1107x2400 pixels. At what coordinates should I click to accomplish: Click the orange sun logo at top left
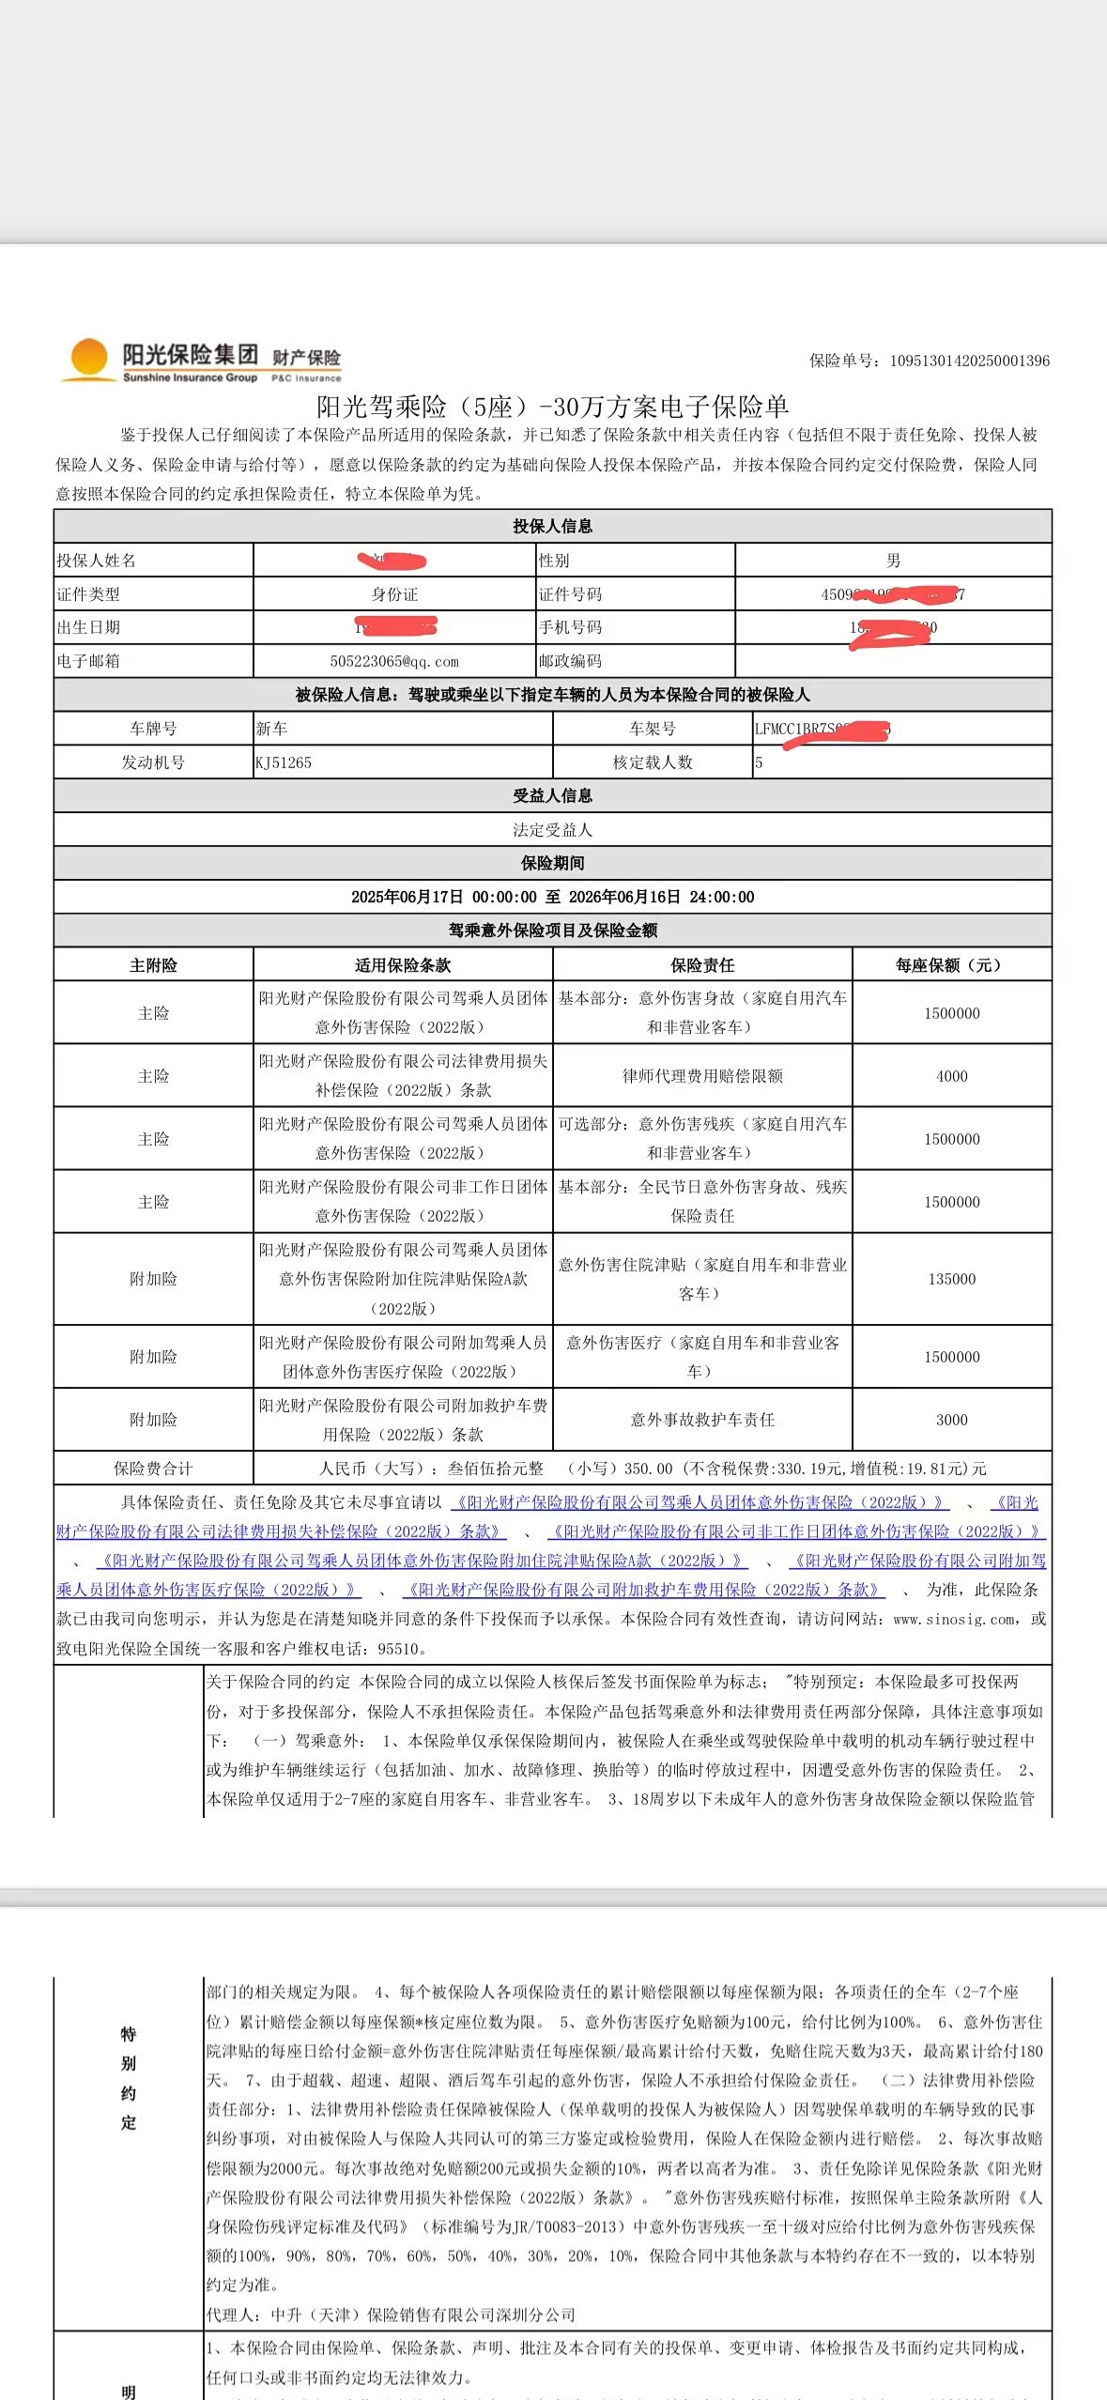click(x=89, y=359)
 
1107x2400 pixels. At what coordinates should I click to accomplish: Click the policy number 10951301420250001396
click(x=969, y=361)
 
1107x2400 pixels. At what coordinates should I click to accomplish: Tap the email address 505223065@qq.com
click(x=394, y=661)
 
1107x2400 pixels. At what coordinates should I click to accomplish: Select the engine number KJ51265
click(x=284, y=762)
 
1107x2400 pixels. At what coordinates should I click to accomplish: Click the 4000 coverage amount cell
click(x=951, y=1076)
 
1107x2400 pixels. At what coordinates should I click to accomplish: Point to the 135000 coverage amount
click(x=951, y=1279)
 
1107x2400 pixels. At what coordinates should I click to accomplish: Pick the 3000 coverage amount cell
click(x=951, y=1420)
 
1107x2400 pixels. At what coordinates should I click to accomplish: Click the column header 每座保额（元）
click(x=951, y=965)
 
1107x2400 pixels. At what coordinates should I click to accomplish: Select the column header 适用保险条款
click(x=403, y=965)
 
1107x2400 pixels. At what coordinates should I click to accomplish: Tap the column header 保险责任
click(x=702, y=965)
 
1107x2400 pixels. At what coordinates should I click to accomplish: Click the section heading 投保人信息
click(x=552, y=526)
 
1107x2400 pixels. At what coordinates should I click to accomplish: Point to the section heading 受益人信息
click(x=552, y=795)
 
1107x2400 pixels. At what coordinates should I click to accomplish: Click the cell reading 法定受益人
click(x=552, y=830)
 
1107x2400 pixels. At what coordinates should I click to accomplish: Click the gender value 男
click(x=893, y=561)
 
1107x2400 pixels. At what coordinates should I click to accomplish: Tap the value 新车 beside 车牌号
click(x=271, y=729)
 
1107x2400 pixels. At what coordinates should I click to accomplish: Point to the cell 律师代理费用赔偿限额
click(x=702, y=1076)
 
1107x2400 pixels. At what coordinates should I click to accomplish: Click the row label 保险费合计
click(x=153, y=1469)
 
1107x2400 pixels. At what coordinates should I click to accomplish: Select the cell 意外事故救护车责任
click(x=702, y=1420)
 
